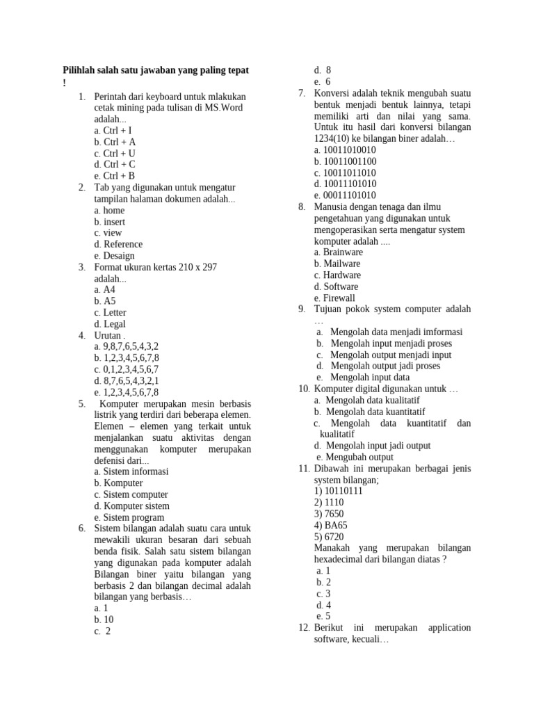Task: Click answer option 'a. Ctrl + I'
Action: (113, 130)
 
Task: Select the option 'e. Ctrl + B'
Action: (115, 176)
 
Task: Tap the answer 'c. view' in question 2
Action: (108, 233)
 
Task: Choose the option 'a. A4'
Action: (104, 289)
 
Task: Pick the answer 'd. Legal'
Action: (110, 324)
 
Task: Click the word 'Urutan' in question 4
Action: (107, 335)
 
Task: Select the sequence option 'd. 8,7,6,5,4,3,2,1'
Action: (127, 380)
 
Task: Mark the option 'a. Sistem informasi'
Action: (131, 471)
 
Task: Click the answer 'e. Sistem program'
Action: (129, 517)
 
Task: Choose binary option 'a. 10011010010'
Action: (345, 149)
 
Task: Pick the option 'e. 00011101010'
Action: (345, 195)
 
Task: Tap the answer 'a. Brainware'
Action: (338, 252)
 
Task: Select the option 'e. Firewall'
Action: (334, 298)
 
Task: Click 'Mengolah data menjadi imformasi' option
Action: (396, 332)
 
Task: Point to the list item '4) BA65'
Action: (330, 525)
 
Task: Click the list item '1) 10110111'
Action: (338, 491)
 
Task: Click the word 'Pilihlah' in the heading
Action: (81, 71)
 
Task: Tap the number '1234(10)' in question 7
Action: (333, 138)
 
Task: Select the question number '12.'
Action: (304, 627)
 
